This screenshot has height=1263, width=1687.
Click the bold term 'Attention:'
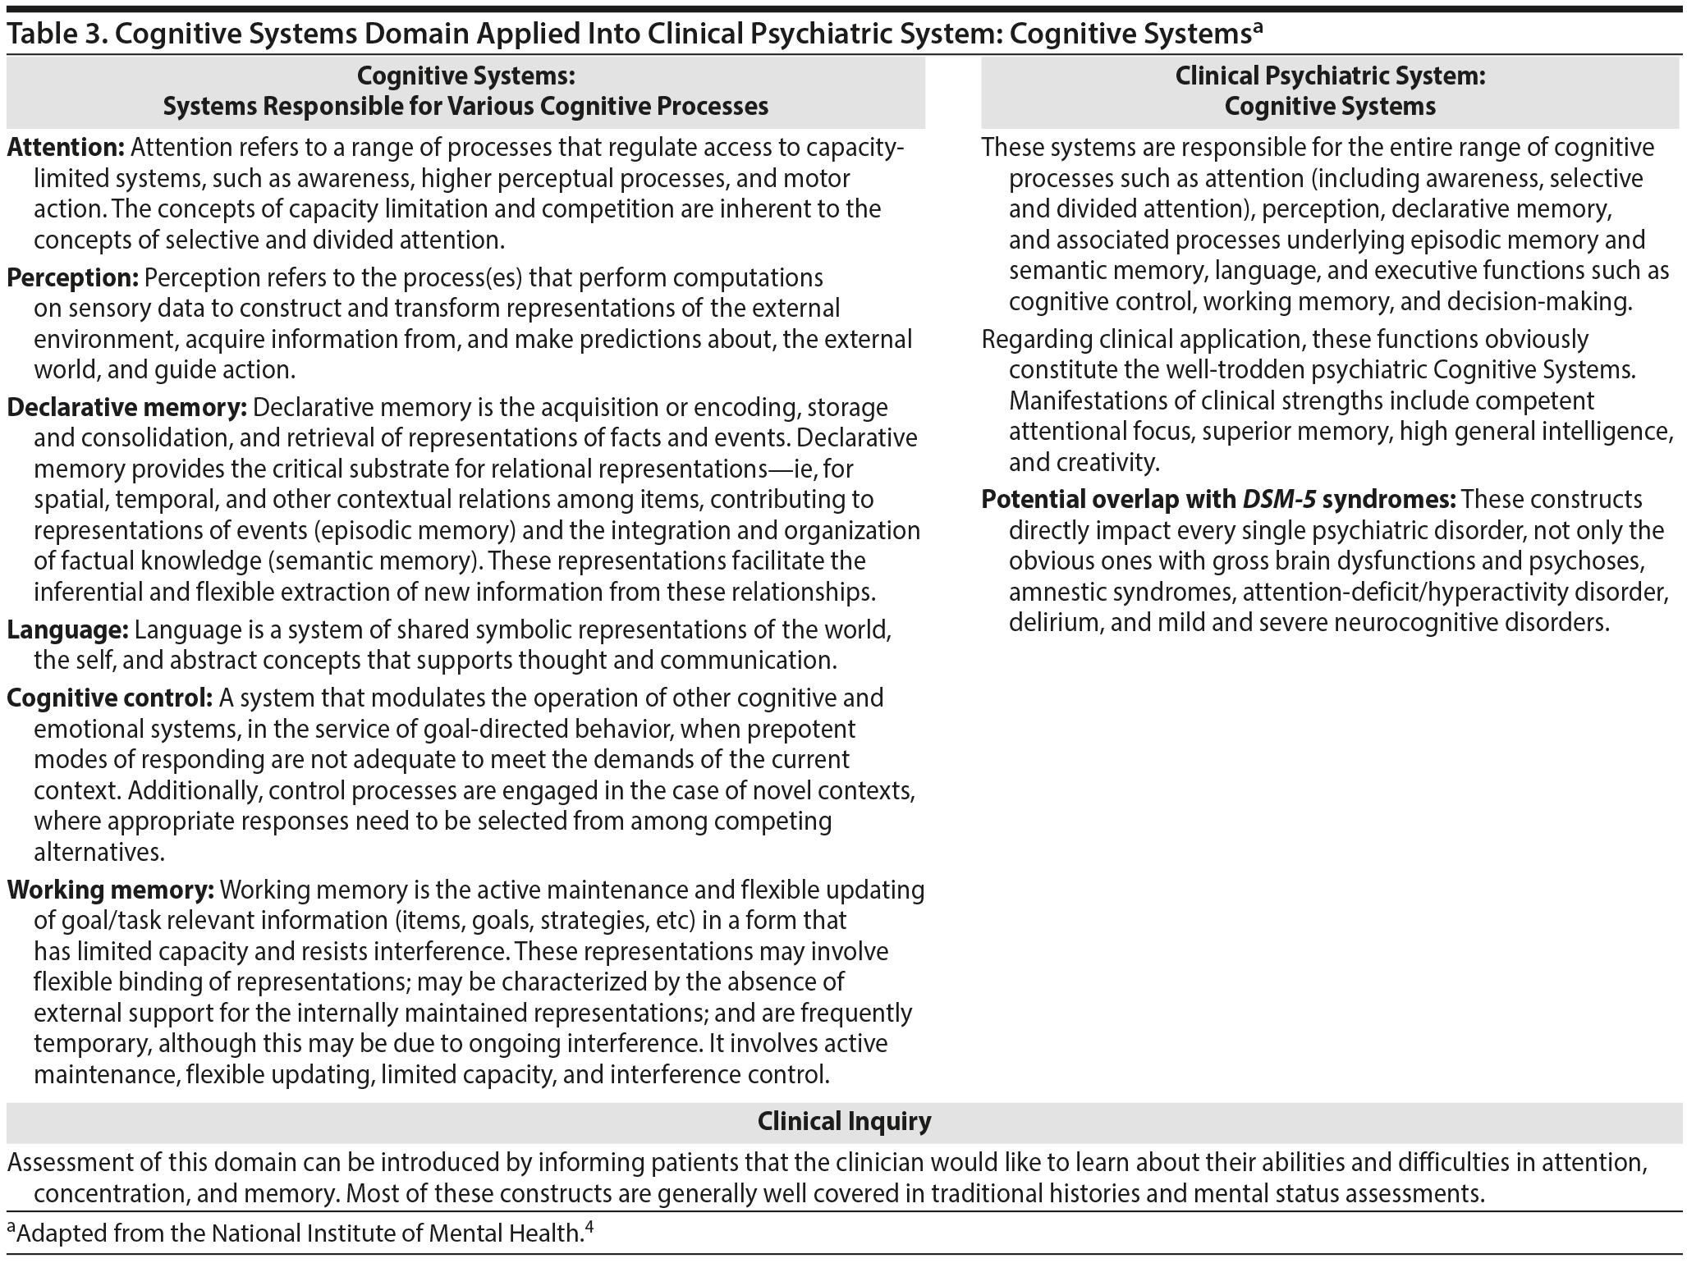tap(66, 148)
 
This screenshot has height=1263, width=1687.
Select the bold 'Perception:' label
tap(72, 278)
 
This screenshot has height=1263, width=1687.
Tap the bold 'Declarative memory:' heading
tap(126, 408)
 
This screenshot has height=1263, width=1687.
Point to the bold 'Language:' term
tap(67, 630)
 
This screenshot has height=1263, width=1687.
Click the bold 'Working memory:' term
tap(110, 890)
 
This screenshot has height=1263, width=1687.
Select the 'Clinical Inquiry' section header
tap(844, 1122)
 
